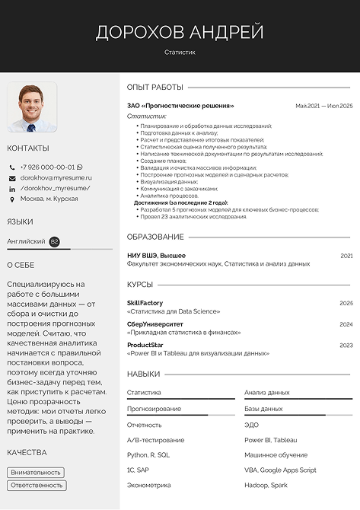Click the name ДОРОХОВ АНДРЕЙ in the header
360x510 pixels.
point(180,32)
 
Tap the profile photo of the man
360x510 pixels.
point(32,107)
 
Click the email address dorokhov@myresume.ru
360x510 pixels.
point(56,177)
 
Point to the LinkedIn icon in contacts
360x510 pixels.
point(12,188)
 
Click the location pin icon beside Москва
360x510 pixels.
point(12,199)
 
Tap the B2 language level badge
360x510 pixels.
point(54,241)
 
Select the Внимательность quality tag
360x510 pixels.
point(36,472)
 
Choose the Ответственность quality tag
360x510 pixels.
point(37,486)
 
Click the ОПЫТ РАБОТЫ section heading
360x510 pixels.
point(155,88)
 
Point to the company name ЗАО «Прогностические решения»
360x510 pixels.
point(180,106)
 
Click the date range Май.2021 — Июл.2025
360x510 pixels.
point(323,106)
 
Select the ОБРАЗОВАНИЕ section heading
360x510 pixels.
point(155,237)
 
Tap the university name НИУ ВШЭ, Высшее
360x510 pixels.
point(156,256)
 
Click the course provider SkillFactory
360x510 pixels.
point(145,303)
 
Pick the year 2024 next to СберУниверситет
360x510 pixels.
point(346,324)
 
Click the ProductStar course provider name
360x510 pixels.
point(144,345)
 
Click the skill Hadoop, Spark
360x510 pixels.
point(266,484)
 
